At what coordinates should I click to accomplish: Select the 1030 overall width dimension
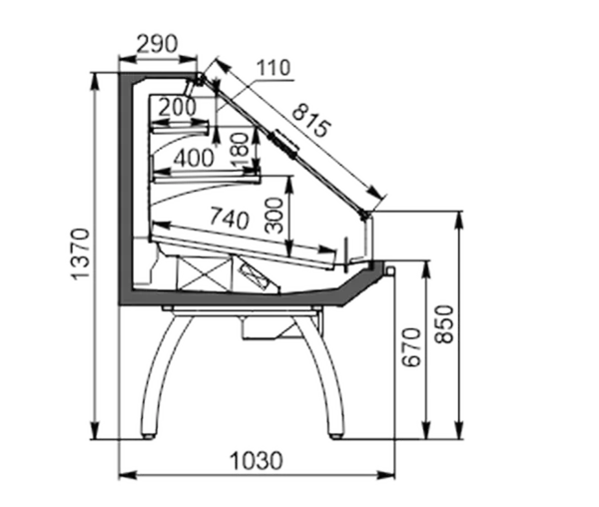pyautogui.click(x=257, y=461)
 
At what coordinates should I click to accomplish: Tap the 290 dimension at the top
pyautogui.click(x=157, y=44)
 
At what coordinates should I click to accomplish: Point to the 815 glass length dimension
pyautogui.click(x=310, y=121)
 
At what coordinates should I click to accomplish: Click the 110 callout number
pyautogui.click(x=274, y=68)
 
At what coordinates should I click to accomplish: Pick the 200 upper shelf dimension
pyautogui.click(x=177, y=107)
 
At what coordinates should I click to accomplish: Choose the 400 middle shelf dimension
pyautogui.click(x=194, y=158)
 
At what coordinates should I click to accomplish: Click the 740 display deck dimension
pyautogui.click(x=229, y=219)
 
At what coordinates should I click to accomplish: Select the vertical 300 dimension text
pyautogui.click(x=274, y=215)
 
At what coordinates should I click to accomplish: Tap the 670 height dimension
pyautogui.click(x=411, y=347)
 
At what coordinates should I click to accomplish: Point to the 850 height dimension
pyautogui.click(x=444, y=324)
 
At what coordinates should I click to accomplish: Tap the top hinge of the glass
pyautogui.click(x=201, y=79)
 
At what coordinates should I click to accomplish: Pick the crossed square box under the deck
pyautogui.click(x=205, y=273)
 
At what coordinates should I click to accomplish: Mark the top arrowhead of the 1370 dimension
pyautogui.click(x=96, y=81)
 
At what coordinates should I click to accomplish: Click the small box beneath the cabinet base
pyautogui.click(x=260, y=327)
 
